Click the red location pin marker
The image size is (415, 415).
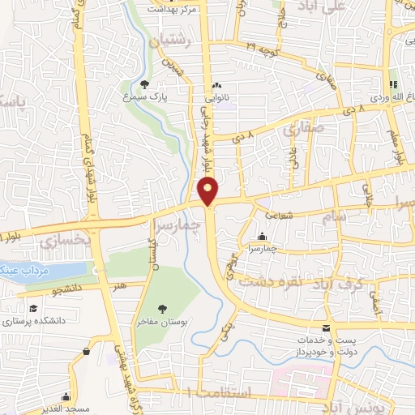[x=209, y=190]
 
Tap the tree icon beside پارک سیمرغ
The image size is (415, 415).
[x=144, y=83]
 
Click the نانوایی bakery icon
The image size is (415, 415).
[x=216, y=86]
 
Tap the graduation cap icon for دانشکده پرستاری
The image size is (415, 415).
[x=33, y=309]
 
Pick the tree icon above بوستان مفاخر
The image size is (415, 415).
[x=163, y=308]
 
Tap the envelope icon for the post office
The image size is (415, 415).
[x=326, y=328]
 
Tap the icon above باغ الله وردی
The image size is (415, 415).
[x=393, y=84]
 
